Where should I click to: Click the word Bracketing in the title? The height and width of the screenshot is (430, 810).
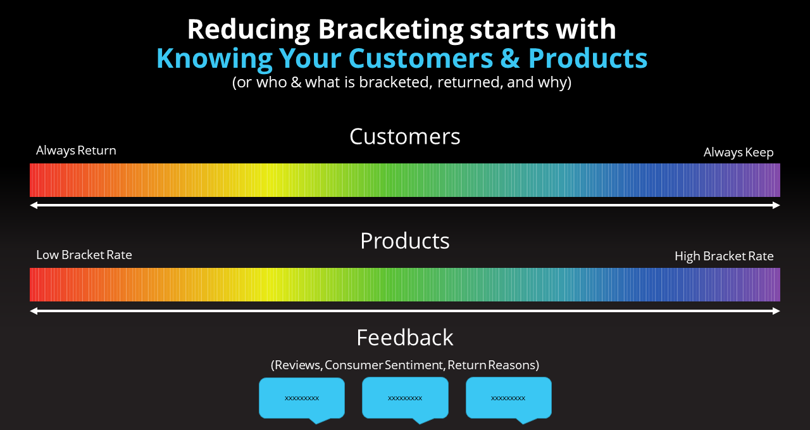[390, 30]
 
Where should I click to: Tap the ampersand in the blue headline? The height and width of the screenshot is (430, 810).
[510, 58]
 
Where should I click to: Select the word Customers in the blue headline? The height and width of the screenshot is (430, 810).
[421, 58]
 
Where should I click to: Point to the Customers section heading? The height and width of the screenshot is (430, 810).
[404, 136]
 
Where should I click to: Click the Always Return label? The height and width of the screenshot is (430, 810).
[76, 151]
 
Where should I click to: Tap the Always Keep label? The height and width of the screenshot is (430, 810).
[738, 153]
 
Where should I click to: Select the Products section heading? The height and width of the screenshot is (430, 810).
[404, 241]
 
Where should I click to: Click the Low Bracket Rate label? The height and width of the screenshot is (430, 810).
[84, 255]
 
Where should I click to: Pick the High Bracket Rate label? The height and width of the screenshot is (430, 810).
[724, 256]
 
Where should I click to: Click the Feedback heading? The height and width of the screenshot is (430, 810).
[404, 338]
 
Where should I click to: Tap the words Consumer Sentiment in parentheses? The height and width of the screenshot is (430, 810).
[384, 365]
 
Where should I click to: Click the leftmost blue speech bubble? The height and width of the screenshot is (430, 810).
[302, 398]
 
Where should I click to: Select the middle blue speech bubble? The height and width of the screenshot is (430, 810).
[405, 398]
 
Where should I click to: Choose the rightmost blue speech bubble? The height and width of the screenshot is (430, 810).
[508, 398]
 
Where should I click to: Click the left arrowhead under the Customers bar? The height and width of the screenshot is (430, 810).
[34, 205]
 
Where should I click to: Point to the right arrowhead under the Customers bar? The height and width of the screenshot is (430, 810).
[776, 205]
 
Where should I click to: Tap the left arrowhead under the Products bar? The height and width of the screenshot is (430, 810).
[34, 311]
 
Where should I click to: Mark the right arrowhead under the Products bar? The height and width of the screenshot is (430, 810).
[776, 311]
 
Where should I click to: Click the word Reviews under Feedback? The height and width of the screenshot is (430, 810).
[297, 365]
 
